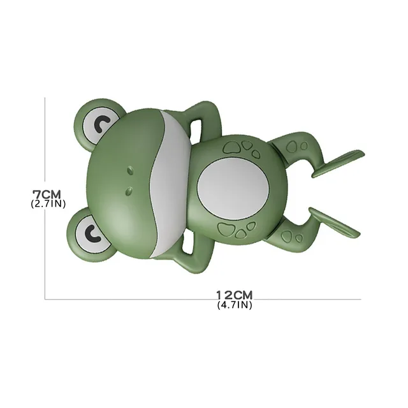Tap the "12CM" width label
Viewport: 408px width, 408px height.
tap(235, 295)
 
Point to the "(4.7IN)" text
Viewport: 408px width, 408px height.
tap(235, 305)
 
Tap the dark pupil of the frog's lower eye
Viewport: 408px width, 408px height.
tap(90, 233)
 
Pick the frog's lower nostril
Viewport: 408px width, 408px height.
tap(127, 189)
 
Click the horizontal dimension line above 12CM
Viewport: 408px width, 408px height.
tap(159, 299)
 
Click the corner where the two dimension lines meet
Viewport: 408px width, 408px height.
tap(45, 299)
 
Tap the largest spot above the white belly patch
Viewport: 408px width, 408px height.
tap(233, 147)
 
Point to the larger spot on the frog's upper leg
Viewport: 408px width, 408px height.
tap(292, 147)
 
